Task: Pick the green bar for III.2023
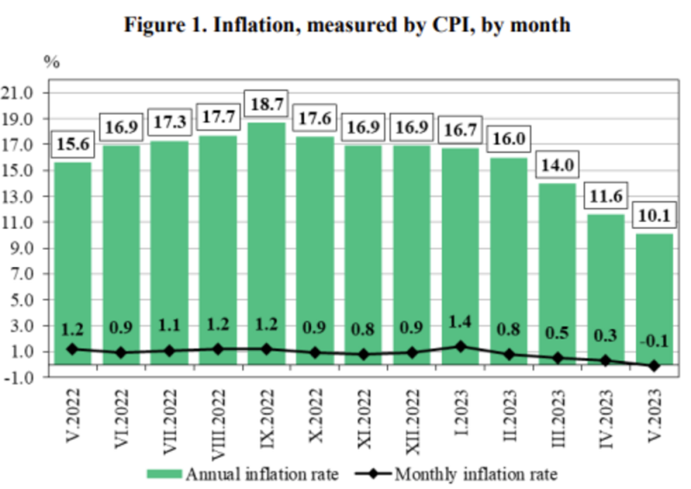click(x=556, y=276)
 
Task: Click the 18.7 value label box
click(x=267, y=103)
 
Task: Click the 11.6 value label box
click(x=605, y=196)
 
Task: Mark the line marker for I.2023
click(x=460, y=346)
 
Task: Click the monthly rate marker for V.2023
click(x=653, y=366)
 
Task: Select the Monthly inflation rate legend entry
click(x=466, y=473)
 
